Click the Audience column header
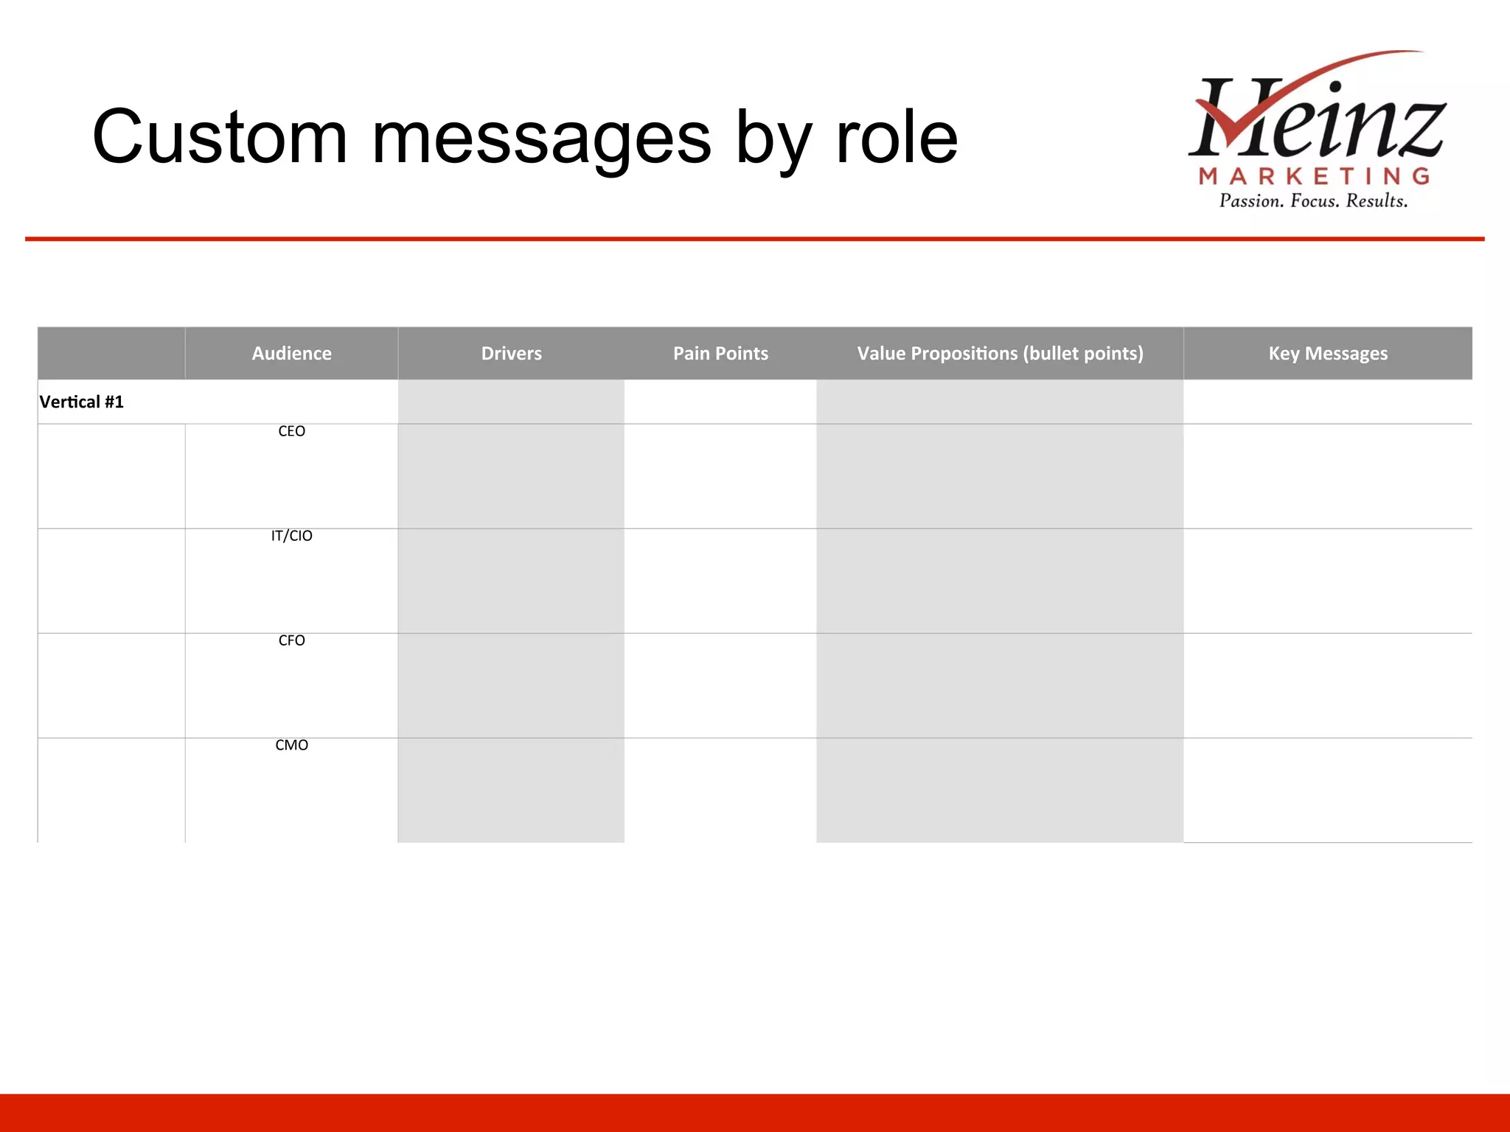pos(291,354)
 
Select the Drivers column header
pos(511,354)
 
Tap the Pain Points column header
pos(720,354)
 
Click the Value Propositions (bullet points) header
pos(1000,354)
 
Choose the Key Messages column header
pos(1328,354)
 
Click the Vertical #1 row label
pos(82,402)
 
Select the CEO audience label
pos(291,431)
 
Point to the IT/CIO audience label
pos(291,536)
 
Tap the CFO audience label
pos(291,640)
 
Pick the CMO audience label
pos(291,745)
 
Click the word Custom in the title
pos(219,138)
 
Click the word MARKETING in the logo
pos(1315,176)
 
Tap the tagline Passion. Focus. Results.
pos(1313,201)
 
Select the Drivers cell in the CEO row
pos(511,476)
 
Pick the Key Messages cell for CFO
pos(1328,685)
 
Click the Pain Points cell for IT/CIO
pos(720,581)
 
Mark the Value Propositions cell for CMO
pos(1000,790)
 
